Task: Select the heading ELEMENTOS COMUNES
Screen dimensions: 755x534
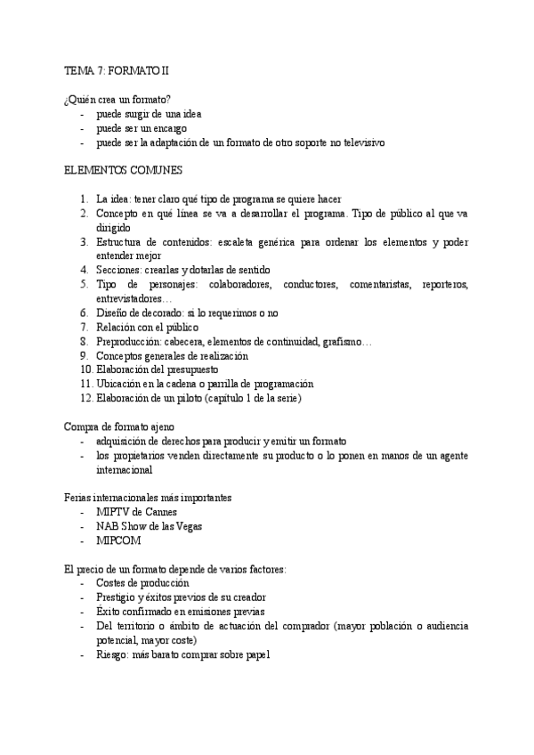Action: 124,169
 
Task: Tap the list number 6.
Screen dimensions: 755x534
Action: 84,313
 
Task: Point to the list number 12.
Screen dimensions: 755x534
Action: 85,398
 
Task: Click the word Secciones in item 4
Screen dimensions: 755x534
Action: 118,270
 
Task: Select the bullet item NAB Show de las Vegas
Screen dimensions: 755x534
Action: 150,526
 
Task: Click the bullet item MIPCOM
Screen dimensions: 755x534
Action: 121,540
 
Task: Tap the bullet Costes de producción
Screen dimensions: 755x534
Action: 142,583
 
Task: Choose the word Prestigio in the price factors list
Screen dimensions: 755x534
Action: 118,597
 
